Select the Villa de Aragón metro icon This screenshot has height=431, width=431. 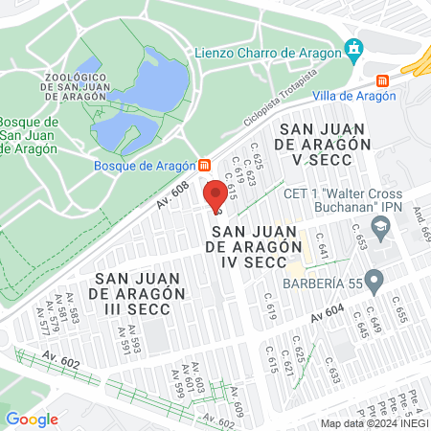coord(382,80)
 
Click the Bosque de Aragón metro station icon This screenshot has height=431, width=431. coord(203,165)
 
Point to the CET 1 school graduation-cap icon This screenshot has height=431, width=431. coord(381,226)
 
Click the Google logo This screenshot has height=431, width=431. coord(32,419)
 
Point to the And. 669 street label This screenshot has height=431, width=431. coord(421,225)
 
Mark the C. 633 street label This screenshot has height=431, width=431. coord(332,371)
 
